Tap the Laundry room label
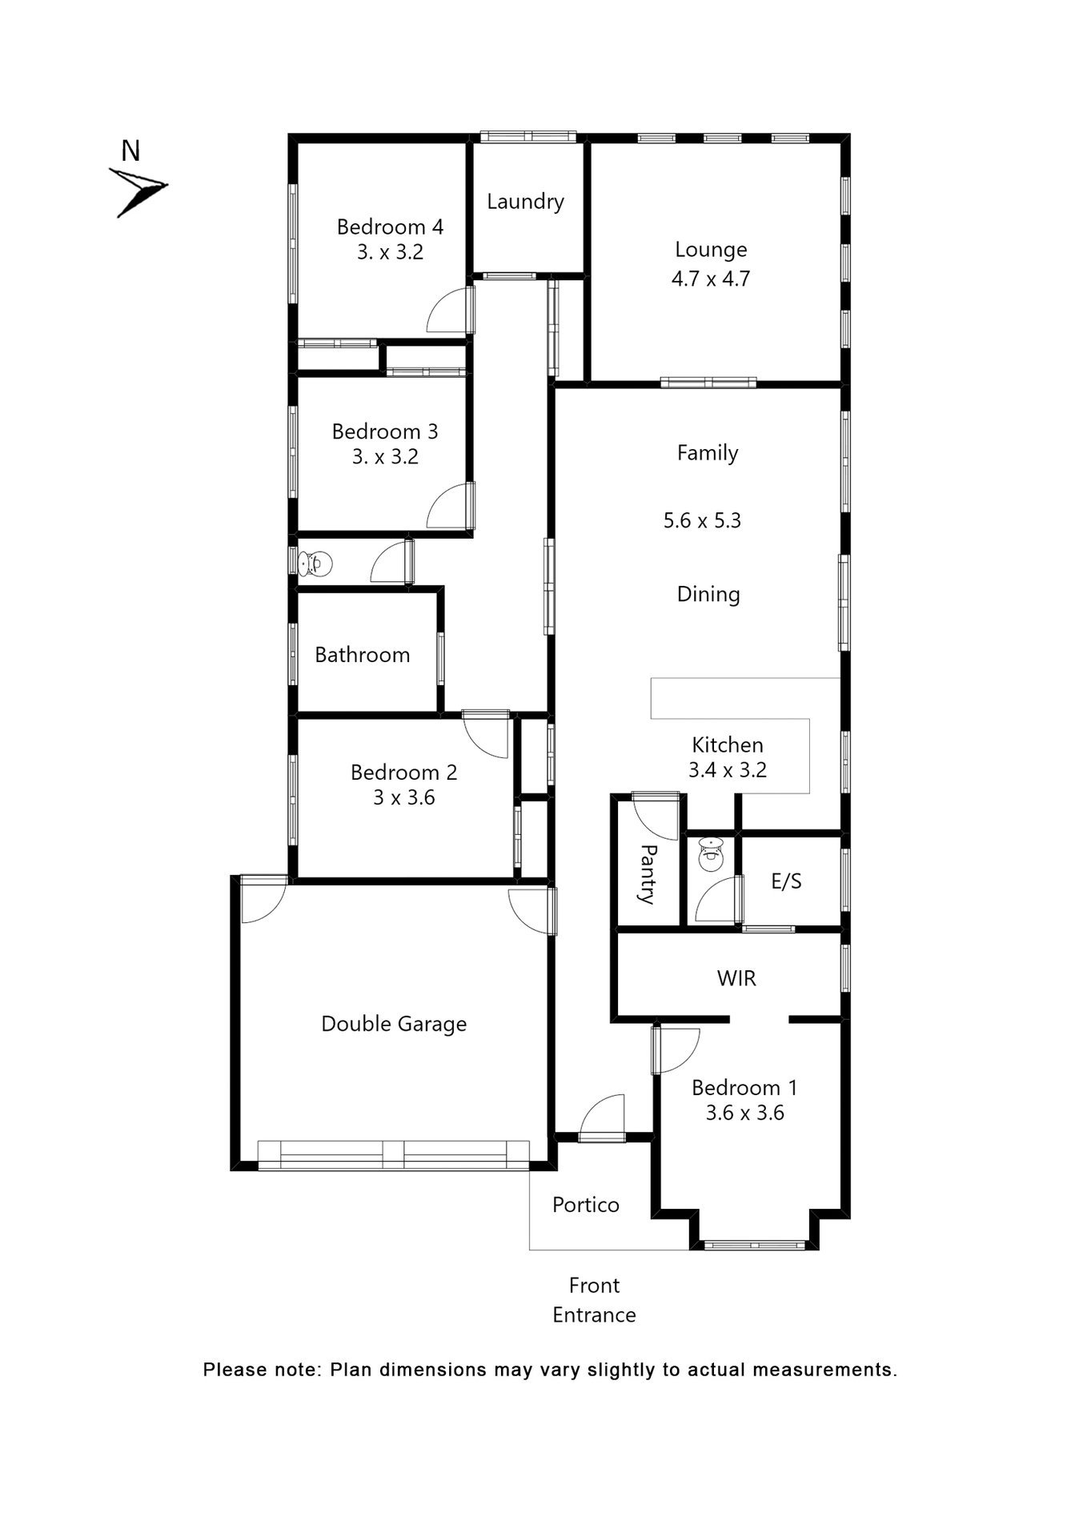[x=525, y=202]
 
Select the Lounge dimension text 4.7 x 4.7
[x=710, y=279]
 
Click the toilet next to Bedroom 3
[x=315, y=564]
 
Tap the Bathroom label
[x=362, y=655]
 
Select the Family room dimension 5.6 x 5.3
[x=702, y=520]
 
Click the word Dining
[x=708, y=594]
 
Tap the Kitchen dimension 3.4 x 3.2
[x=727, y=770]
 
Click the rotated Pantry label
[x=647, y=873]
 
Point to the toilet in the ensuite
[x=711, y=854]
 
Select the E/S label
[x=785, y=881]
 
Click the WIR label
[x=736, y=978]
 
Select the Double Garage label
[x=393, y=1024]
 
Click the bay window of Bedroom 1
[x=754, y=1244]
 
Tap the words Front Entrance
[x=594, y=1300]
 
